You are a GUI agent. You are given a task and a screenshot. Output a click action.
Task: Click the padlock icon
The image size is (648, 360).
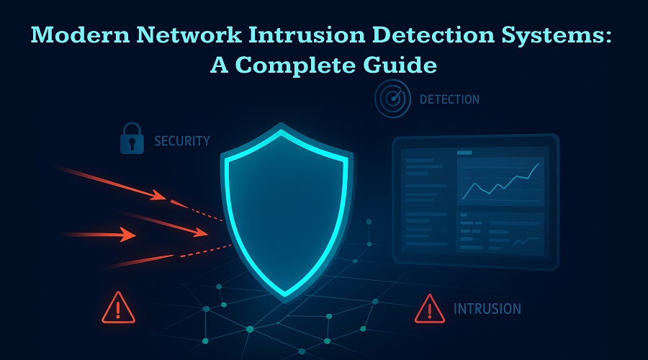point(132,139)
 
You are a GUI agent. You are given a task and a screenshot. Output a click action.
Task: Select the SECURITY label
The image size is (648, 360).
point(181,140)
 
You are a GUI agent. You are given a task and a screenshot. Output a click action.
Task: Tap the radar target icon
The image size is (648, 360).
point(392,99)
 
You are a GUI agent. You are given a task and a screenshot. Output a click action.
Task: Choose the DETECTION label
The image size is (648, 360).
point(449,99)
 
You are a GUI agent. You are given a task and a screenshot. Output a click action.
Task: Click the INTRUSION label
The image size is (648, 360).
point(487,309)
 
